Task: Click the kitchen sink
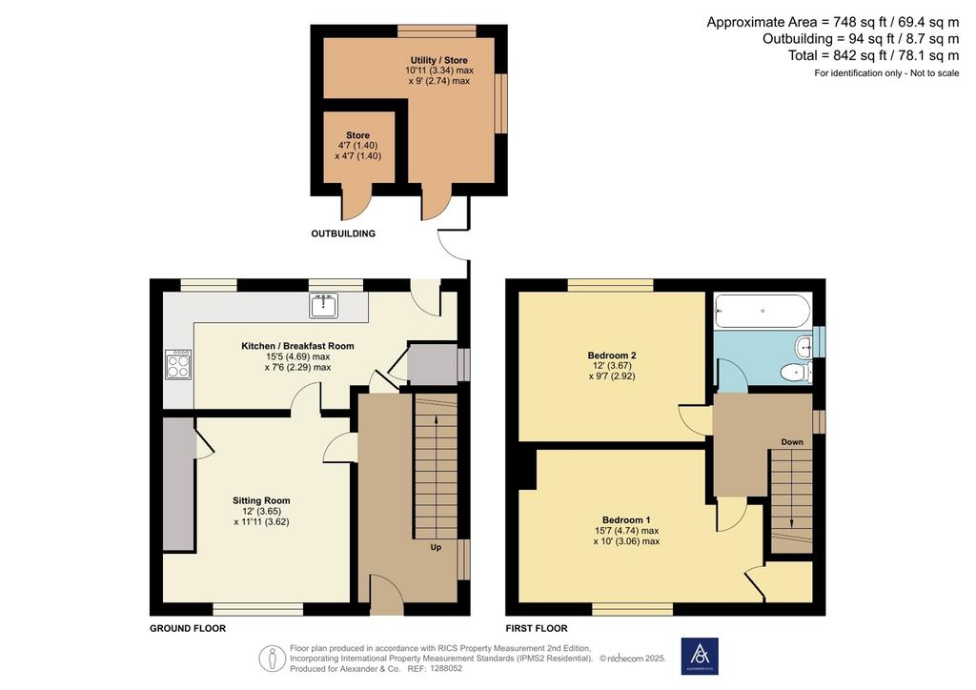323,306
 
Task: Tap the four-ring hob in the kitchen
178,365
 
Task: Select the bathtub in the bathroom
762,311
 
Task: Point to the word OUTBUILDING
343,233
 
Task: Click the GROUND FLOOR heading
188,628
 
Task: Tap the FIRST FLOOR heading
537,628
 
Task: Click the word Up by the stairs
436,547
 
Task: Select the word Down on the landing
792,442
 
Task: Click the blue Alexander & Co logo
700,656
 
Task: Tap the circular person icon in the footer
272,659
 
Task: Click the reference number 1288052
444,669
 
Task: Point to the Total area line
873,55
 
